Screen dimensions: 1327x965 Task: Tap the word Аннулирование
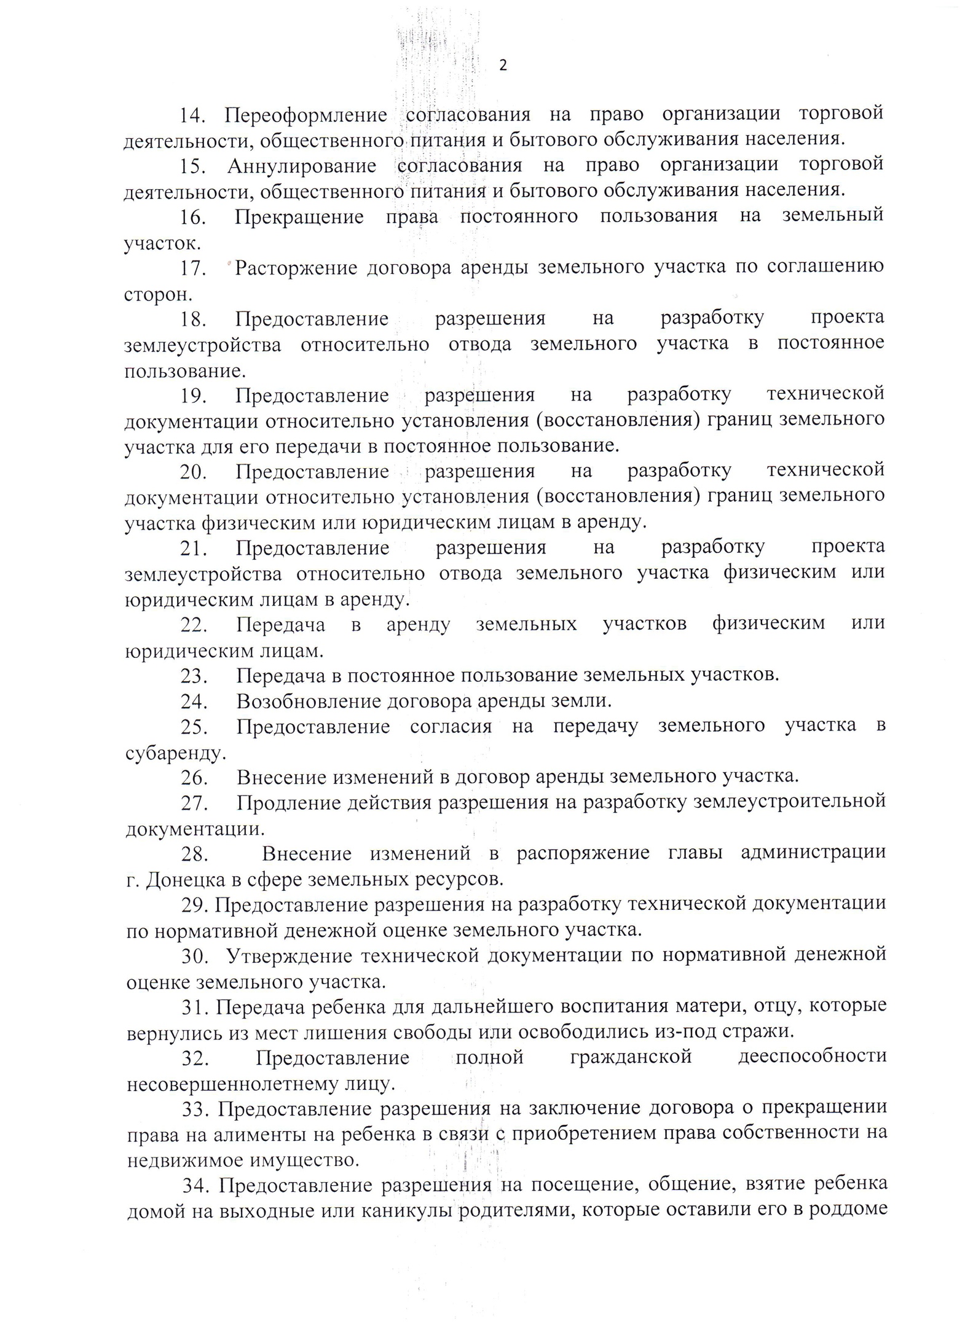301,166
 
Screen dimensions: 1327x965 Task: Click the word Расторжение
296,268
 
